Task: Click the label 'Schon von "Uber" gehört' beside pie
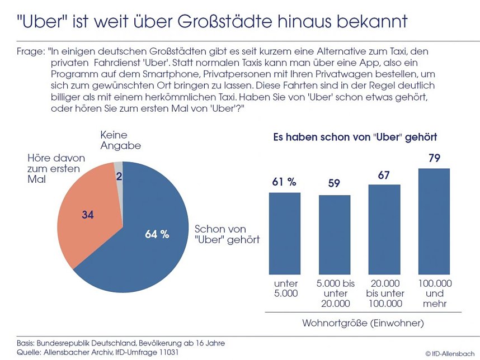[x=223, y=235]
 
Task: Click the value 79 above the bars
[x=434, y=158]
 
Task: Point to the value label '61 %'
[x=284, y=182]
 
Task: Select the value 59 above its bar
[x=335, y=184]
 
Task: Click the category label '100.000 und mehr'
[x=435, y=293]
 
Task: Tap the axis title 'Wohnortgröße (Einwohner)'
[x=363, y=323]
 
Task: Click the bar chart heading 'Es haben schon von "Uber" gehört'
[x=355, y=136]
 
